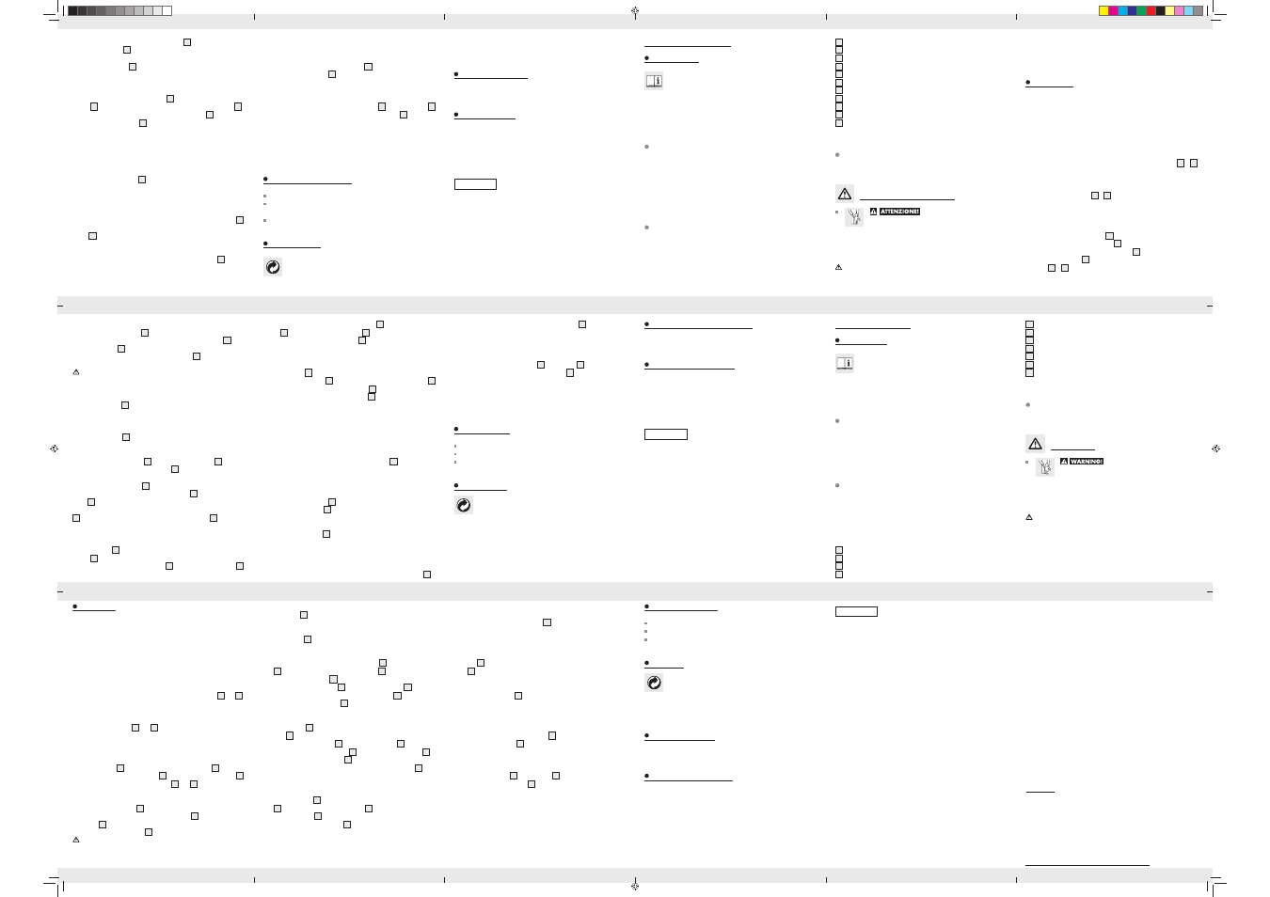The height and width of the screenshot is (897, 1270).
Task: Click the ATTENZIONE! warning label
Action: pos(899,212)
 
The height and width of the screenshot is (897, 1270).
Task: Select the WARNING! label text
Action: pos(1087,462)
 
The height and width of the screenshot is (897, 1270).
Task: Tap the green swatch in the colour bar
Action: pos(1141,10)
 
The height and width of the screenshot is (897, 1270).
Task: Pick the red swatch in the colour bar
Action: pos(1151,10)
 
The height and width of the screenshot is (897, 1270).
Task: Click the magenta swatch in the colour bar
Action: pos(1113,10)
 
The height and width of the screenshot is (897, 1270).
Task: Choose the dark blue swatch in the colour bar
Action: pos(1133,10)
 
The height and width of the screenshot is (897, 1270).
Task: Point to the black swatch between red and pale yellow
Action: pos(1161,10)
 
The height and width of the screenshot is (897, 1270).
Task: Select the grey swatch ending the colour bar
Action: pos(1198,10)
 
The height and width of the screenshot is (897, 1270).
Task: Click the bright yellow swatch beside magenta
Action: pos(1103,10)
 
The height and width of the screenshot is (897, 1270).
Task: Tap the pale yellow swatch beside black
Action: pos(1169,10)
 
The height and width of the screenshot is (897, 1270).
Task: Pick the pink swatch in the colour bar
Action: pos(1180,10)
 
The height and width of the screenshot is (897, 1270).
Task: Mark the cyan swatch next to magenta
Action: pos(1122,10)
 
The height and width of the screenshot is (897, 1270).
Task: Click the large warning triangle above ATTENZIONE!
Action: pos(845,194)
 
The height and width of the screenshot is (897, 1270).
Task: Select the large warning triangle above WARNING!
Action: pos(1035,444)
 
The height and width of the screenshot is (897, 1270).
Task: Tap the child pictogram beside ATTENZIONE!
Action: pos(854,217)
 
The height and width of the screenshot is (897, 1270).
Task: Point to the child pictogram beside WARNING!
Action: pos(1045,467)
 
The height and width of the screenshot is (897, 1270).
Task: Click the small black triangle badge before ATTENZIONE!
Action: pos(874,212)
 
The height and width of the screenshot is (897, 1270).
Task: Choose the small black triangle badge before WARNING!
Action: pos(1064,462)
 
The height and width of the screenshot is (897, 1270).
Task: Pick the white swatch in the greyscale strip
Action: pos(167,10)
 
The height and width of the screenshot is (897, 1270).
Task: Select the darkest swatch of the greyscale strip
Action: pos(72,10)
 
